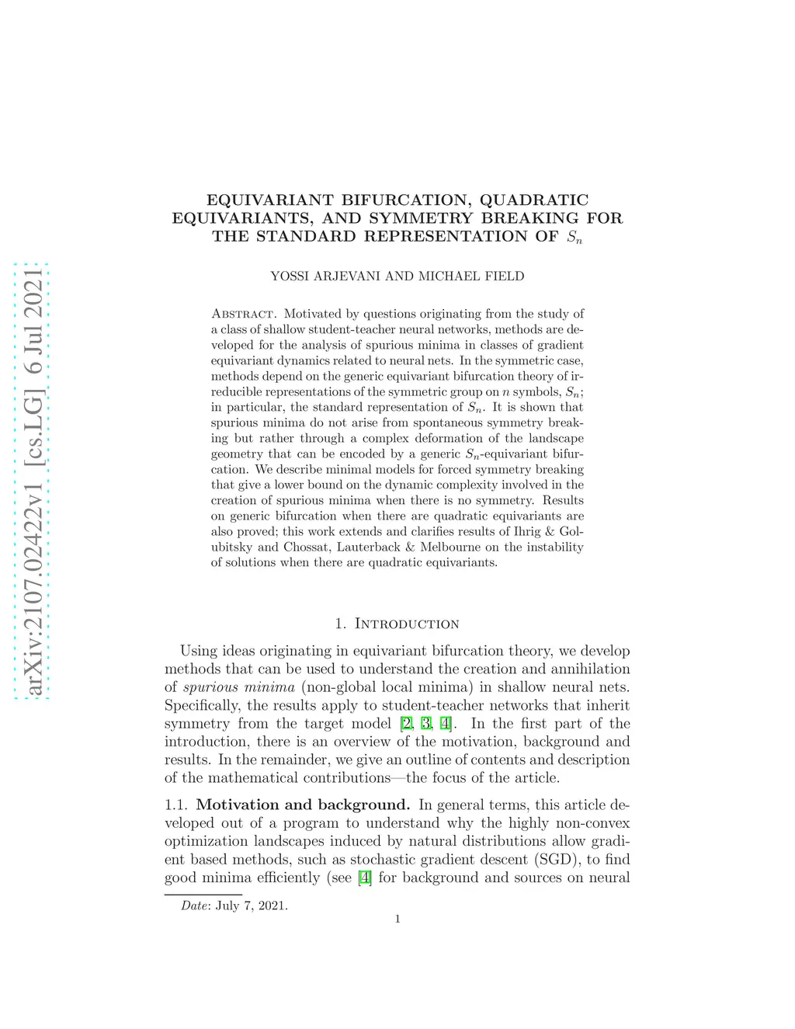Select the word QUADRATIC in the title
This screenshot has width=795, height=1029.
(534, 200)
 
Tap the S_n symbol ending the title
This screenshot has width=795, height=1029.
(575, 238)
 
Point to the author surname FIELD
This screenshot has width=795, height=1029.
(505, 276)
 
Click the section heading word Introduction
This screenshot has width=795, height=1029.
(407, 624)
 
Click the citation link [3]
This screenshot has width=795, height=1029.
(425, 724)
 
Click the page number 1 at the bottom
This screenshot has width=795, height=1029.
(397, 919)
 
